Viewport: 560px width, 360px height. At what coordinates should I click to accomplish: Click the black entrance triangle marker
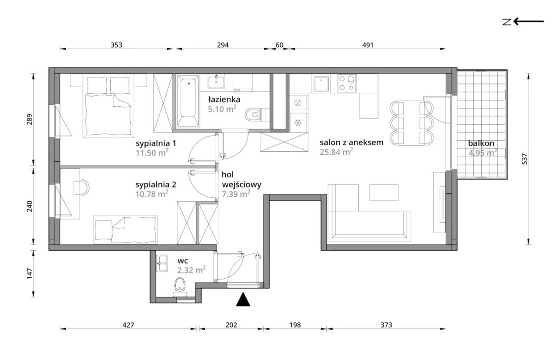(243, 300)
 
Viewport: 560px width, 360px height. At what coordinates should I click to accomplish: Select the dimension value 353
(116, 45)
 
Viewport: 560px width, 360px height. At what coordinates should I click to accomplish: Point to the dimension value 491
(368, 45)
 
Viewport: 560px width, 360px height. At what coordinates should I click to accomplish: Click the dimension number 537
(525, 159)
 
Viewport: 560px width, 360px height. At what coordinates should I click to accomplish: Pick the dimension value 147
(29, 273)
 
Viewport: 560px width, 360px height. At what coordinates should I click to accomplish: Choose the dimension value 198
(295, 325)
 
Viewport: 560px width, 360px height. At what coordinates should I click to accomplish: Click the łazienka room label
(224, 99)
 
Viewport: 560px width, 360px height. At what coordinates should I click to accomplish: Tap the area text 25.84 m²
(336, 152)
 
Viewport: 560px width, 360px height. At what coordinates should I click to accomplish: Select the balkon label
(481, 143)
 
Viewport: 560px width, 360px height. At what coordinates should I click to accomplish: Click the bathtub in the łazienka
(188, 101)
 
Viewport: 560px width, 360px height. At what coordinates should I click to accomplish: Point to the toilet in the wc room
(180, 287)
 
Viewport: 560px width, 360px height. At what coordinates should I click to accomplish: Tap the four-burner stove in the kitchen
(346, 83)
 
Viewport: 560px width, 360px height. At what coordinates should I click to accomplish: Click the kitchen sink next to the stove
(321, 84)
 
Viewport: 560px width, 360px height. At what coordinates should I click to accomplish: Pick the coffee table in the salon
(384, 192)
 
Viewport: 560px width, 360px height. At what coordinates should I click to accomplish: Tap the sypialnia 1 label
(156, 143)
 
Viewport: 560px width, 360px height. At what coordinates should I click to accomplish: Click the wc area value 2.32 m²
(192, 270)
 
